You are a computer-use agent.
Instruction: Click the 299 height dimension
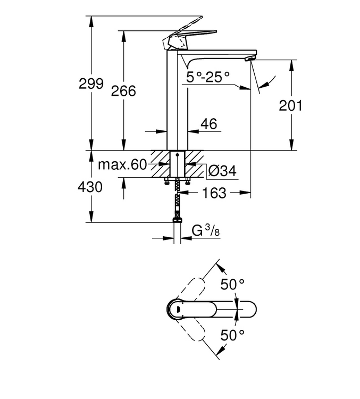[x=91, y=84]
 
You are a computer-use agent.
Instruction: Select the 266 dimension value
[x=123, y=91]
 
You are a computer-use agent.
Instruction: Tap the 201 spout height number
[x=290, y=105]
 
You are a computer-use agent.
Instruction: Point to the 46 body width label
[x=209, y=124]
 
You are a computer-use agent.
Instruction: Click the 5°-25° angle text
[x=208, y=77]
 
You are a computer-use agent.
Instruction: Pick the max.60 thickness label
[x=122, y=165]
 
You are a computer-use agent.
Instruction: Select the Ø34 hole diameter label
[x=222, y=171]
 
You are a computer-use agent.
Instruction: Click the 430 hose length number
[x=90, y=187]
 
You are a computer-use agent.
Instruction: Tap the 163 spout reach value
[x=214, y=193]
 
